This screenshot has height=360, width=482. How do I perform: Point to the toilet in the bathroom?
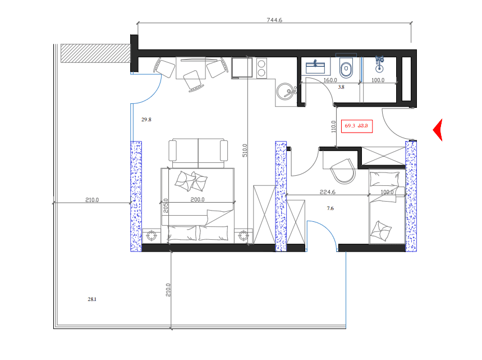click(346, 69)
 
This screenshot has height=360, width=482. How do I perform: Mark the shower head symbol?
click(380, 63)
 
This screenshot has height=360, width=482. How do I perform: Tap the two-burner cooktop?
click(261, 68)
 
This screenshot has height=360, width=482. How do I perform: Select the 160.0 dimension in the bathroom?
click(330, 80)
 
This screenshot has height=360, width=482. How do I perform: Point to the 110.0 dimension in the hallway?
click(334, 127)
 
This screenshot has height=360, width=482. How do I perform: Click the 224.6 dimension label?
click(327, 192)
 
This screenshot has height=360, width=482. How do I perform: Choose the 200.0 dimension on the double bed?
click(198, 199)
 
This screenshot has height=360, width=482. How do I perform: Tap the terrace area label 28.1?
click(92, 299)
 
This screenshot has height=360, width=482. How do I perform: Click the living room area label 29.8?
click(146, 120)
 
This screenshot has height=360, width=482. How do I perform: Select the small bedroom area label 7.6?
click(330, 208)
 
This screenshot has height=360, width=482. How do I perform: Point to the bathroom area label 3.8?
click(341, 88)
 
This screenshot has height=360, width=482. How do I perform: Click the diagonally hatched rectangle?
click(94, 53)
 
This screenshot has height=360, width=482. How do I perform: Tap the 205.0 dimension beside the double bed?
click(166, 208)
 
